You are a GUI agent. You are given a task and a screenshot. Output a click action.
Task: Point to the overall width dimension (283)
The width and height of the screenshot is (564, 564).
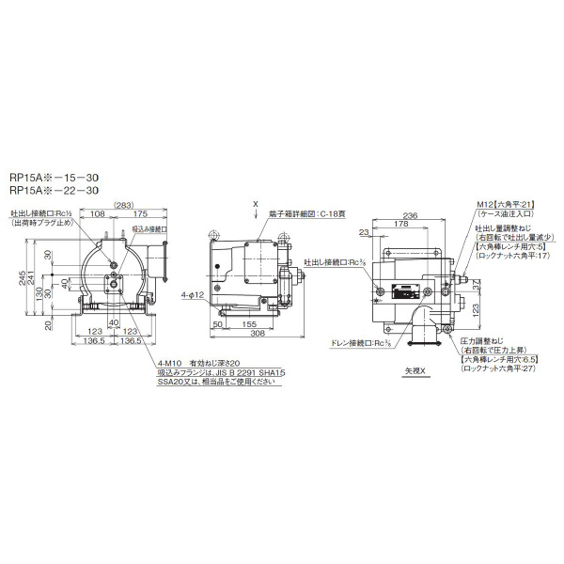(121, 205)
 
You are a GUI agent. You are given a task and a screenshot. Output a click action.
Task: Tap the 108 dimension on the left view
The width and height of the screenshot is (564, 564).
(97, 214)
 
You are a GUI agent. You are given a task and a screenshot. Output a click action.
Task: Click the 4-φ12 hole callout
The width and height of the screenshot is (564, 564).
(192, 294)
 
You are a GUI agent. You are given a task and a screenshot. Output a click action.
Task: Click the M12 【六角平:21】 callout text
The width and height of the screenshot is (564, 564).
(506, 204)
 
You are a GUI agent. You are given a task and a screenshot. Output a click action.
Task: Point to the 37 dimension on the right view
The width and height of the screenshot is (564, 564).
(482, 269)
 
